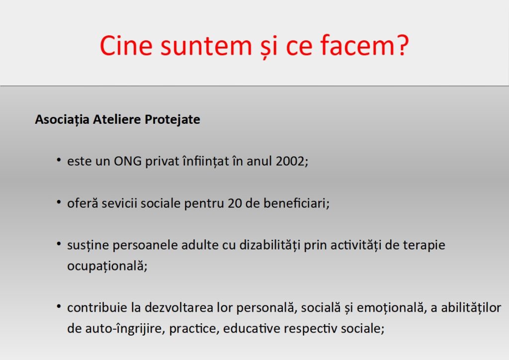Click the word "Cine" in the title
click(x=126, y=45)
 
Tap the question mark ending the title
click(x=402, y=45)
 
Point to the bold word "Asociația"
click(x=62, y=119)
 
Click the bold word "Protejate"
click(x=172, y=119)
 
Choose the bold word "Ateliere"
click(x=117, y=119)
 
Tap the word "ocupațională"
click(x=105, y=266)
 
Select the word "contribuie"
click(x=97, y=307)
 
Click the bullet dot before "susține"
click(x=59, y=244)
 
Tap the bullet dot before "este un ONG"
click(x=59, y=160)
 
